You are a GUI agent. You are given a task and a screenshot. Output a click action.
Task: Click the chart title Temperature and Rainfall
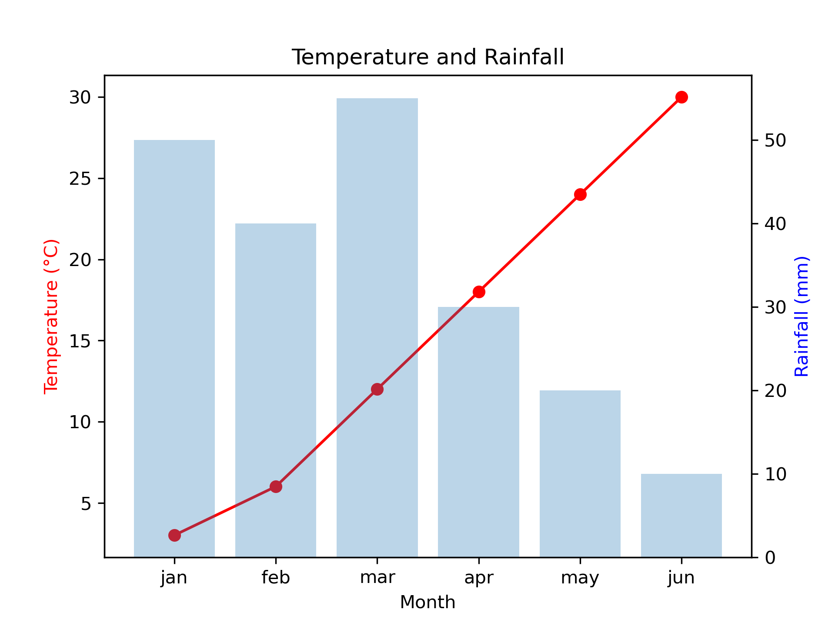tap(428, 57)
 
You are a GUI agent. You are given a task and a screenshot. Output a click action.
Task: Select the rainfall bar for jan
tap(174, 348)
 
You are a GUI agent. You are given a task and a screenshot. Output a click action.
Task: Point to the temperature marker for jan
tap(174, 535)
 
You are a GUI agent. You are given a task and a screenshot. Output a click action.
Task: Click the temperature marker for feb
tap(276, 486)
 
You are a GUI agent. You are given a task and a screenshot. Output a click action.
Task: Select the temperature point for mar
tap(377, 389)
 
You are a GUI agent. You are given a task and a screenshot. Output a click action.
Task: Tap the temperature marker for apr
tap(479, 292)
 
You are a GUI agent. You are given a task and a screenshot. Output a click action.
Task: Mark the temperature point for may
tap(580, 194)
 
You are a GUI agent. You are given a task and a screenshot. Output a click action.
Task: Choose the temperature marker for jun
tap(681, 97)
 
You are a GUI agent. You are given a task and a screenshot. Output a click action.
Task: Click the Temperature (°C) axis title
tap(51, 316)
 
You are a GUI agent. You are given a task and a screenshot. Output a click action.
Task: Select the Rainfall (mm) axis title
tap(802, 316)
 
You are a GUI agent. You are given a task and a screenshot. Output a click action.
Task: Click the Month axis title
tap(428, 603)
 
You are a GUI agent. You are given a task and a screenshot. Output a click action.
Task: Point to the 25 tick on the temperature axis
tap(80, 179)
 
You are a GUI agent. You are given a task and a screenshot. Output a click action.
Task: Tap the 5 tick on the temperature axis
tap(86, 504)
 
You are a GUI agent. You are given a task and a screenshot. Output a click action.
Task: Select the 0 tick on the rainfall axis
tap(770, 558)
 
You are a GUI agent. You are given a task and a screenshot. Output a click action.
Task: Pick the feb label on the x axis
tap(276, 578)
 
